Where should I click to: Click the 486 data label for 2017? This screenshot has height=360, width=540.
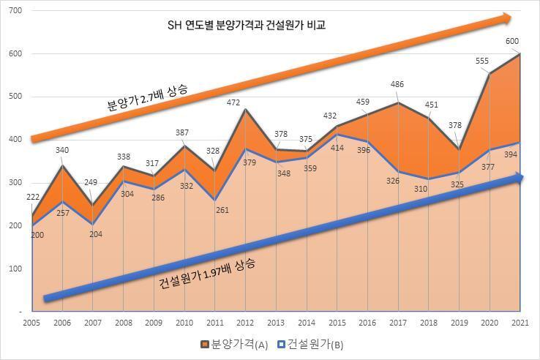(397, 85)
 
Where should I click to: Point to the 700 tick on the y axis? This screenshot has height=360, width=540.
(15, 11)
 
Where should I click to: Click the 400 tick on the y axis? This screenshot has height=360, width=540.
(15, 139)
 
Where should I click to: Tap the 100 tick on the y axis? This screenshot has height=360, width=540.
(15, 269)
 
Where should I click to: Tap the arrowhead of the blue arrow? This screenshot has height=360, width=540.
(517, 178)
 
